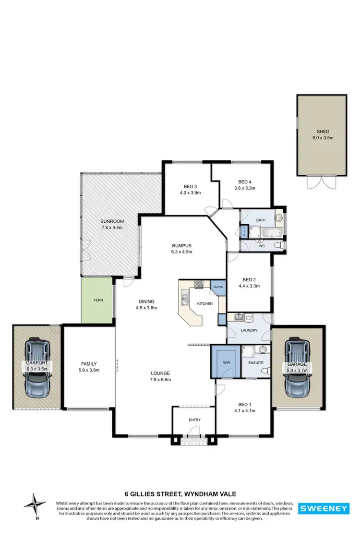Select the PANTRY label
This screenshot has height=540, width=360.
click(218, 287)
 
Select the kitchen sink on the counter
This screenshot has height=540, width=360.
click(185, 300)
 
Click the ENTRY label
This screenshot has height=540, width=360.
click(194, 420)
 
